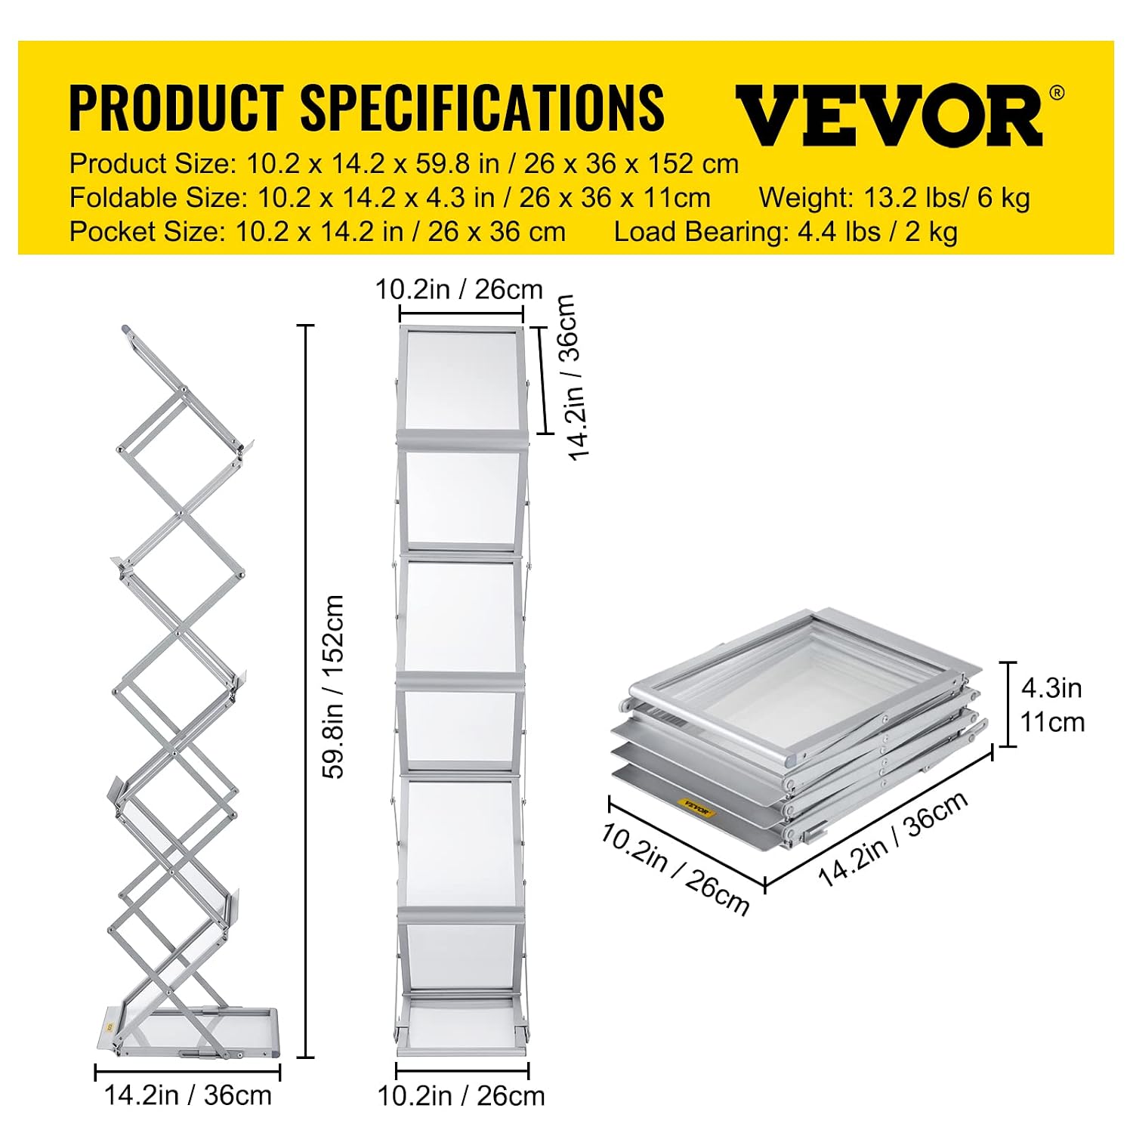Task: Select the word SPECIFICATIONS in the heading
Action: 483,107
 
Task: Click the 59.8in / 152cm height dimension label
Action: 333,687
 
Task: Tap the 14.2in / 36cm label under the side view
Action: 187,1095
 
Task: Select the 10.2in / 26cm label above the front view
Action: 459,289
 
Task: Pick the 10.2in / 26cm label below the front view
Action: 461,1096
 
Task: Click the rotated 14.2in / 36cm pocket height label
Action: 571,377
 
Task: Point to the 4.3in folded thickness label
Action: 1051,688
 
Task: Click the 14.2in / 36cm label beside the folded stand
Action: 894,839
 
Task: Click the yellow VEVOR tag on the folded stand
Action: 696,807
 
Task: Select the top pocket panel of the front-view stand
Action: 461,380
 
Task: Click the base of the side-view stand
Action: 188,1031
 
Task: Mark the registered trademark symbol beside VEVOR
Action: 1057,93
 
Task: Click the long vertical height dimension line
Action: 305,691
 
